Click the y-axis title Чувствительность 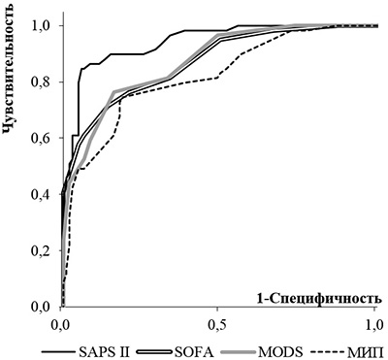[x=9, y=70]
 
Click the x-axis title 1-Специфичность [x=317, y=298]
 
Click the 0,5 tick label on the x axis [x=217, y=324]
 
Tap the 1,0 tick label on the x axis [x=374, y=324]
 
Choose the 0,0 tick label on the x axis [x=61, y=324]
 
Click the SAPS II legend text [x=103, y=351]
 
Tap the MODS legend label [x=281, y=351]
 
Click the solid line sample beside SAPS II [x=59, y=351]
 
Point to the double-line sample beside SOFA [x=154, y=351]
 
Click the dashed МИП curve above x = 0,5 [x=217, y=78]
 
